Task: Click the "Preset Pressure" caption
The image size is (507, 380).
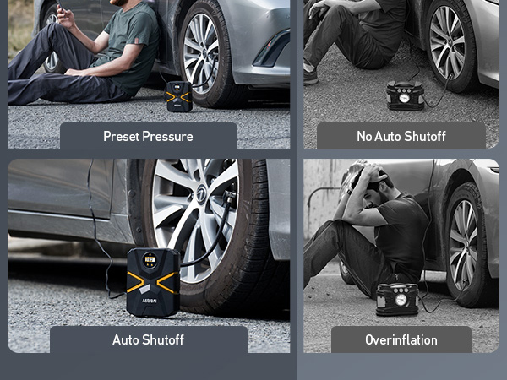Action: (x=148, y=136)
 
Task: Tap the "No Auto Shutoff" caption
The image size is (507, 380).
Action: (x=401, y=136)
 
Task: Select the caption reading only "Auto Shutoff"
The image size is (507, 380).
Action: (x=148, y=339)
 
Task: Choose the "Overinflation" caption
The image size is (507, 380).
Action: (x=401, y=339)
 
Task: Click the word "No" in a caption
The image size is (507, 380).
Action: (x=365, y=136)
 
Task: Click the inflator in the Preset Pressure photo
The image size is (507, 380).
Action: (x=178, y=96)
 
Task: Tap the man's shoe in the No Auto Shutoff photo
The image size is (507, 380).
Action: (x=311, y=75)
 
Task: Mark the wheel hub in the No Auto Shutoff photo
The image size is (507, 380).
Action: (x=447, y=42)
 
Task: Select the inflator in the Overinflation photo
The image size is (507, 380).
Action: (x=396, y=299)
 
